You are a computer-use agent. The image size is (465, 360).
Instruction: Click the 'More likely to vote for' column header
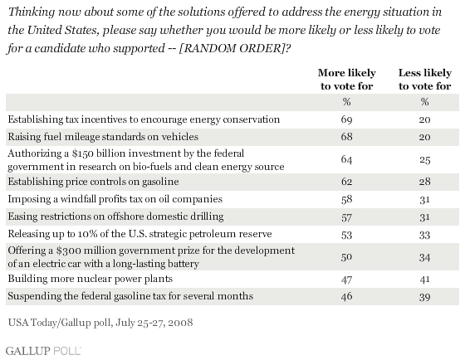click(x=347, y=79)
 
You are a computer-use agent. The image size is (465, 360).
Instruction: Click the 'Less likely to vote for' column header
click(x=424, y=79)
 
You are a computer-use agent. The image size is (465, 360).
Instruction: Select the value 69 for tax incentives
click(x=347, y=119)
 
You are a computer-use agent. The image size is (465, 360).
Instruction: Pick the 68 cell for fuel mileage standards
click(x=347, y=137)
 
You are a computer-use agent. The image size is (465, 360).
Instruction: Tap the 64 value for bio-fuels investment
click(x=347, y=160)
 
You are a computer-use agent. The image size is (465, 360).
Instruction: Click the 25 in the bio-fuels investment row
click(x=424, y=160)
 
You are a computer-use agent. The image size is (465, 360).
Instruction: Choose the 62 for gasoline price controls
click(x=347, y=181)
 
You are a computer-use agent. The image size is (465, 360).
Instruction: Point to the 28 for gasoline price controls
click(x=424, y=181)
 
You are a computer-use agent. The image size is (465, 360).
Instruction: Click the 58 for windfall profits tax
click(x=347, y=199)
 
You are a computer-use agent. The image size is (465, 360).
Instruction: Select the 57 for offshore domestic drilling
click(x=347, y=217)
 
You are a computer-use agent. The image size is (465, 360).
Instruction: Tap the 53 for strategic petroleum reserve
click(x=347, y=235)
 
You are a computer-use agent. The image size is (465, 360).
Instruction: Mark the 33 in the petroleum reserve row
click(x=424, y=235)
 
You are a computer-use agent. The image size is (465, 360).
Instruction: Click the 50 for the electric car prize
click(x=347, y=257)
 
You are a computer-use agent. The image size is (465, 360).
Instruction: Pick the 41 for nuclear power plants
click(x=424, y=279)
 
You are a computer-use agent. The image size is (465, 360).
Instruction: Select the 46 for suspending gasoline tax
click(x=347, y=296)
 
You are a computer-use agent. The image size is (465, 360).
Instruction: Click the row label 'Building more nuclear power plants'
click(x=91, y=279)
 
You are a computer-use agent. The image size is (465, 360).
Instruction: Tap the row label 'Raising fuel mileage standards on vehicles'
click(x=103, y=137)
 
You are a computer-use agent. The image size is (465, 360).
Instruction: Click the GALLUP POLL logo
click(x=43, y=351)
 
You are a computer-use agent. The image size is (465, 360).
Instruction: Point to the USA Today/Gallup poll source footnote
click(x=100, y=323)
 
